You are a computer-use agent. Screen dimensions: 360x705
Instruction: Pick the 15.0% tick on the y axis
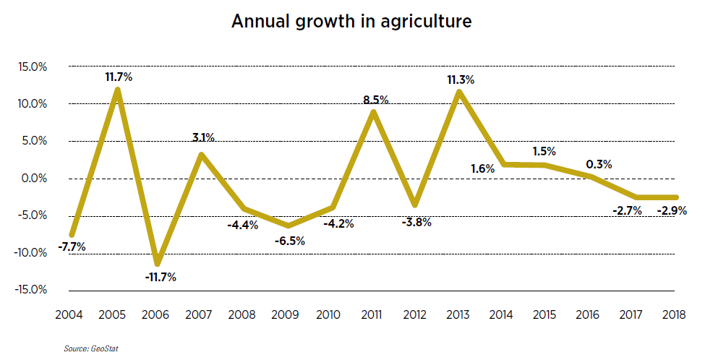[33, 67]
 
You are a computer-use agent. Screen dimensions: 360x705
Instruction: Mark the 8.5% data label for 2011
[375, 100]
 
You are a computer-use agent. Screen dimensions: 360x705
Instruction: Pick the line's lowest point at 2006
[158, 262]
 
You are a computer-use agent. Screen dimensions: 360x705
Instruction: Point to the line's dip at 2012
[416, 205]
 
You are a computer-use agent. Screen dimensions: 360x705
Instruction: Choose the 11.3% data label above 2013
[460, 80]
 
